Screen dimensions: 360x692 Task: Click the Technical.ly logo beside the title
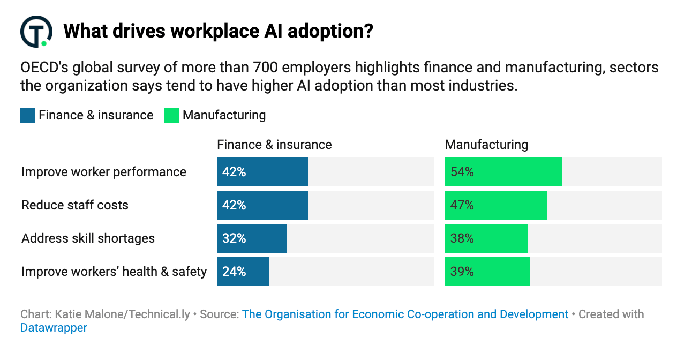[x=36, y=32]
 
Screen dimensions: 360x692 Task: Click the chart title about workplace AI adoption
[x=217, y=32]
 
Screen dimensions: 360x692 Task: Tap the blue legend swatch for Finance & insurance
[x=28, y=115]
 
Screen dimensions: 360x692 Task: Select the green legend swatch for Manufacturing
[x=172, y=115]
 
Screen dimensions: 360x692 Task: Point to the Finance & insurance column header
[x=274, y=145]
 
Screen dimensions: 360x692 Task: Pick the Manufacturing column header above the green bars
[x=486, y=145]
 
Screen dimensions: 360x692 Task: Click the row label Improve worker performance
[x=104, y=172]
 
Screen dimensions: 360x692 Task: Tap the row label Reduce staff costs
[x=75, y=205]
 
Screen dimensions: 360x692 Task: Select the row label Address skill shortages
[x=88, y=238]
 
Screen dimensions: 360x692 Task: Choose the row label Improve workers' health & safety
[x=114, y=272]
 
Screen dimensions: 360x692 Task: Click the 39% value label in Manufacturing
[x=462, y=272]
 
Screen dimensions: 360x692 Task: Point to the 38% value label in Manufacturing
[x=462, y=238]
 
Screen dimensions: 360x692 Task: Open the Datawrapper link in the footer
[x=54, y=327]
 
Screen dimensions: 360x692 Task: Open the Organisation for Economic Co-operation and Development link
[x=405, y=314]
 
